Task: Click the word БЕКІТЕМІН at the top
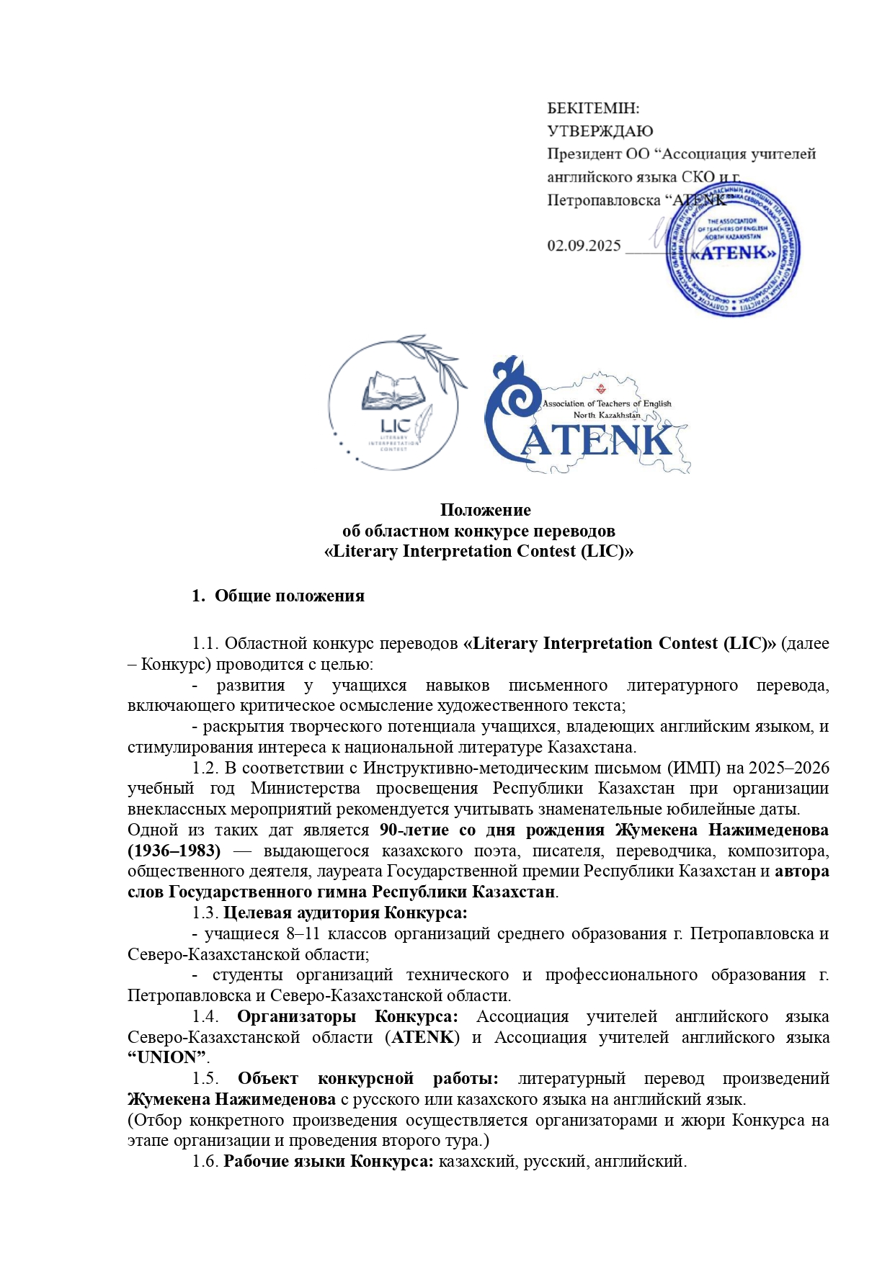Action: tap(593, 109)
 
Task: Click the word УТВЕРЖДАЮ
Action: tap(600, 131)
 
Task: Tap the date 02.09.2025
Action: tap(584, 246)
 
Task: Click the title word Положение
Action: tap(485, 510)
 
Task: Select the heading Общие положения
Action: tap(289, 596)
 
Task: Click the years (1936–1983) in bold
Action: tap(174, 851)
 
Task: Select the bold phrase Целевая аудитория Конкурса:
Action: tap(345, 913)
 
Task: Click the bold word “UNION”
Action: tap(167, 1057)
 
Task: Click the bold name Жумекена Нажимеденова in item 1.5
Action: tap(231, 1100)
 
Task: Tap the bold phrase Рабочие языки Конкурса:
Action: tap(329, 1162)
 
